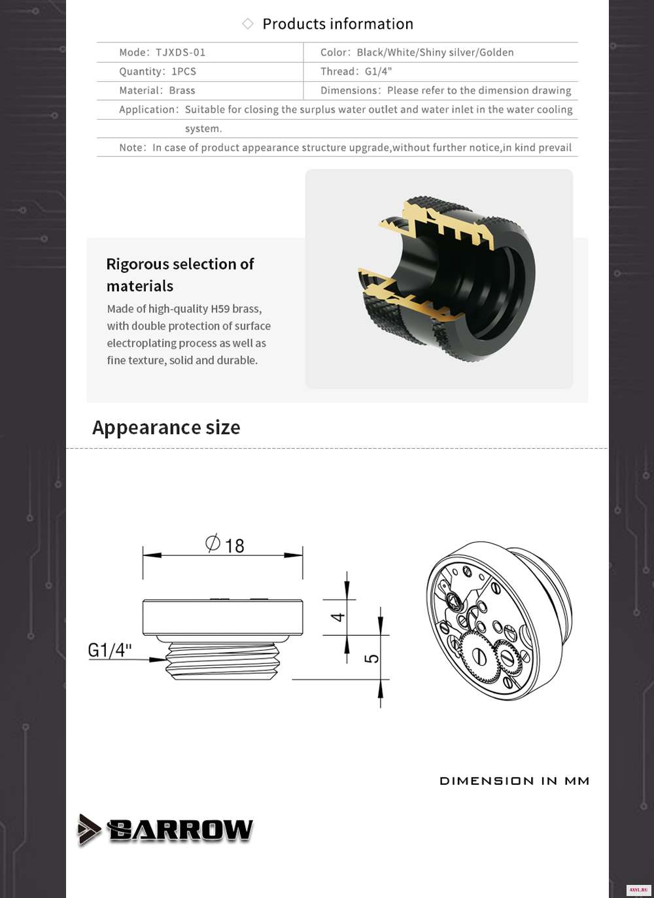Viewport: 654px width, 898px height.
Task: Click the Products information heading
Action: click(337, 24)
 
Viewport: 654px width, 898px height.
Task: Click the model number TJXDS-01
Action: click(181, 52)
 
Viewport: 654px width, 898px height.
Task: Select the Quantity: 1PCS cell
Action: click(158, 71)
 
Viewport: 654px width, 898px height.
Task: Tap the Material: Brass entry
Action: click(157, 91)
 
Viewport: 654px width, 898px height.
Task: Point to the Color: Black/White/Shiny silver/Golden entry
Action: click(417, 52)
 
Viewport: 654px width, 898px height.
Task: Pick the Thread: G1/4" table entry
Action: click(356, 71)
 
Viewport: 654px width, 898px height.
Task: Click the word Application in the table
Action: click(146, 109)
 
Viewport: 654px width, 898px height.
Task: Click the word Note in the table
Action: click(131, 148)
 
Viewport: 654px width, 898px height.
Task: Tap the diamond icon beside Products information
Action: click(248, 24)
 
